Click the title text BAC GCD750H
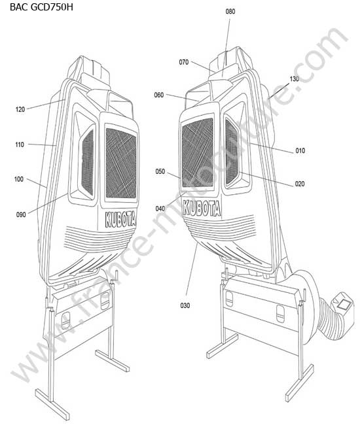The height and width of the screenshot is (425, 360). click(41, 7)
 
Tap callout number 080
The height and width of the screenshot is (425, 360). click(230, 11)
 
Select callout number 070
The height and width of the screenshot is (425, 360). click(184, 62)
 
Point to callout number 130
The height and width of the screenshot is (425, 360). click(294, 79)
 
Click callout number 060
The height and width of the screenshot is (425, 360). click(159, 95)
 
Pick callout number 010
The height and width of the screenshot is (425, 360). click(300, 150)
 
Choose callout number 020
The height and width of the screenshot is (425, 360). click(300, 184)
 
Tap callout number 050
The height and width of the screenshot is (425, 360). click(160, 171)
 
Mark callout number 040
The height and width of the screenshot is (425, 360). click(160, 209)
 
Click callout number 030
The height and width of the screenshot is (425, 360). click(185, 305)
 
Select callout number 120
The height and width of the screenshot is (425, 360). click(20, 109)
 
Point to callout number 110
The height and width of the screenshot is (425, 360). click(20, 144)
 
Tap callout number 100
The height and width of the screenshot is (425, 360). click(19, 179)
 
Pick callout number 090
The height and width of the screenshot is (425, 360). click(21, 214)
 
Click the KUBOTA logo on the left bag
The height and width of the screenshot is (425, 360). click(120, 219)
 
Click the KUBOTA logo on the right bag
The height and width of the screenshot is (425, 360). click(202, 208)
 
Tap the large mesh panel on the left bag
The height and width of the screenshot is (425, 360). click(121, 163)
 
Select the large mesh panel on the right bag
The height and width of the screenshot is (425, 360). click(198, 153)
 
